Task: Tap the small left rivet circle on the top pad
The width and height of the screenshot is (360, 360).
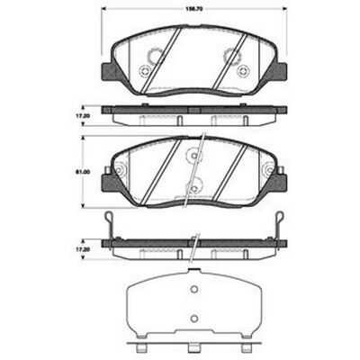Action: [144, 71]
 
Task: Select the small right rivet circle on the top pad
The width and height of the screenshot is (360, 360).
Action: [242, 71]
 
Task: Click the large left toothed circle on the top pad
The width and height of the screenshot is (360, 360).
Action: [155, 56]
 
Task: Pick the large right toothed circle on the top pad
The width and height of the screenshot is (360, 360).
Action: [232, 56]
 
